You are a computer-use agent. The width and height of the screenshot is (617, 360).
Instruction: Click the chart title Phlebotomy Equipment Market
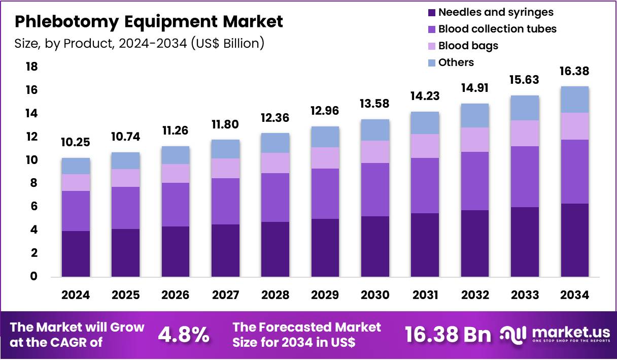[149, 22]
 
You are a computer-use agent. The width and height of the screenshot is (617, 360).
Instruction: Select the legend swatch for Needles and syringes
[432, 12]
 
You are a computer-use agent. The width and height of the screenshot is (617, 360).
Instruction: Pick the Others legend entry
[456, 62]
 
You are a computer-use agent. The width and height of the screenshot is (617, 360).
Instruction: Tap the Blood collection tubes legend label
[497, 29]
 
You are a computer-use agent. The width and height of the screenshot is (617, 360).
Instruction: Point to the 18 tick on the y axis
[31, 67]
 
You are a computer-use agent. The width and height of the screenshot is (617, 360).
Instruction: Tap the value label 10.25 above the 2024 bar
[76, 143]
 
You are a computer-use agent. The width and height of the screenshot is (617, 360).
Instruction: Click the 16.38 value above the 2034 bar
[575, 72]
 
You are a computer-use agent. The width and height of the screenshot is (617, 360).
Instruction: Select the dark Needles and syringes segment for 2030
[375, 246]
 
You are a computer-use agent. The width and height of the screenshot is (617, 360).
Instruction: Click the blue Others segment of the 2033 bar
[525, 108]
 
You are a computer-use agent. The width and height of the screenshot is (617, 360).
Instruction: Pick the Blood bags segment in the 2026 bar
[175, 173]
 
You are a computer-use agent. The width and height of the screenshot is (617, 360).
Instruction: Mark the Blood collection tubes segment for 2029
[325, 193]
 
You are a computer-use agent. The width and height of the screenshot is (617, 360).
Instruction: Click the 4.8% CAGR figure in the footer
[184, 335]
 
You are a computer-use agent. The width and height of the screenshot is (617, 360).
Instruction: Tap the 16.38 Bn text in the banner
[448, 335]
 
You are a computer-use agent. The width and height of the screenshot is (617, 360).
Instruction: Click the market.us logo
[556, 334]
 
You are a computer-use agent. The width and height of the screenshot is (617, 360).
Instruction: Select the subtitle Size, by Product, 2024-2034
[140, 43]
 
